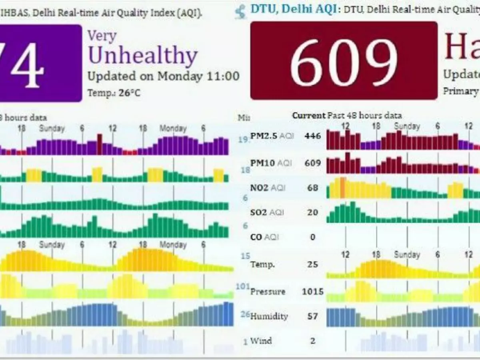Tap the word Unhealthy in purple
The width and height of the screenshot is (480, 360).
coord(143,55)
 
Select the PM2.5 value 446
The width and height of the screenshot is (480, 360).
coord(312,136)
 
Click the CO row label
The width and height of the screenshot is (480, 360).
coord(256,237)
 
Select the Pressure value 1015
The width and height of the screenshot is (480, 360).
coord(312,291)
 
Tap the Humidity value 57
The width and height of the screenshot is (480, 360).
coord(312,316)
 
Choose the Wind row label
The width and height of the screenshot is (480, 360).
coord(261,341)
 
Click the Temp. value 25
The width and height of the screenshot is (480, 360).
coord(312,264)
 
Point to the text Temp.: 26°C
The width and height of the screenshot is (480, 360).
coord(114,94)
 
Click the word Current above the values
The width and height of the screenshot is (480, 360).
coord(308,116)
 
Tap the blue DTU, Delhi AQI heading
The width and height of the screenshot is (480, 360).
coord(294,9)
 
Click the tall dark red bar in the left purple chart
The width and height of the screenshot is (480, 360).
coord(100,144)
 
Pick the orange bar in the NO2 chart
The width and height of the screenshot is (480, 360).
coord(342,188)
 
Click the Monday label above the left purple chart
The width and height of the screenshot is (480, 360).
coord(173,128)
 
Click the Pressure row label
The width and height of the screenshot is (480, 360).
coord(268,291)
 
